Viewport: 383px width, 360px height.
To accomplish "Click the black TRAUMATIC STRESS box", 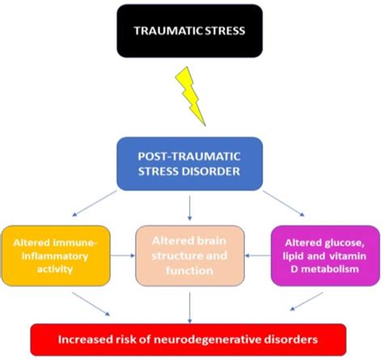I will pyautogui.click(x=189, y=31).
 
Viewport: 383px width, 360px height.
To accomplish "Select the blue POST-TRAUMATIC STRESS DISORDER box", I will pyautogui.click(x=189, y=163).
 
